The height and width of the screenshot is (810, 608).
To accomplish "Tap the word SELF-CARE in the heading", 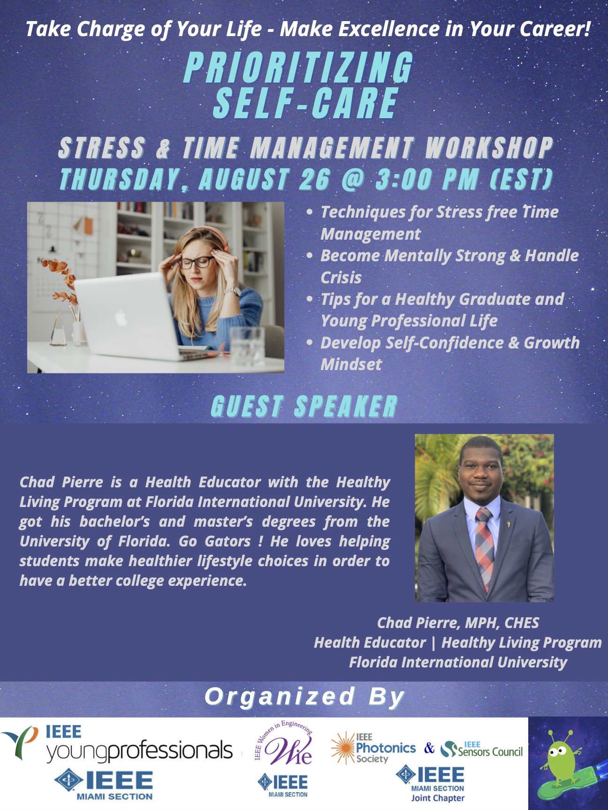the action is point(305,103).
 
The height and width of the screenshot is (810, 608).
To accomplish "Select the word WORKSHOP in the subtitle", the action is point(489,148).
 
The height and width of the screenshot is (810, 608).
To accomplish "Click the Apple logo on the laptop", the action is point(121,318).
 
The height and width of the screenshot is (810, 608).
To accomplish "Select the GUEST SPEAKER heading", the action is point(304,406).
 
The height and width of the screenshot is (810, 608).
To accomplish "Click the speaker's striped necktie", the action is point(485,547).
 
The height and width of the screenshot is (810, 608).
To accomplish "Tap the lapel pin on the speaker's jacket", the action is point(508,522).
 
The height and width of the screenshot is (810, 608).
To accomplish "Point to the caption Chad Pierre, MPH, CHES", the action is point(458,623).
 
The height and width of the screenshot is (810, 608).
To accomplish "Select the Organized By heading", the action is point(304,696).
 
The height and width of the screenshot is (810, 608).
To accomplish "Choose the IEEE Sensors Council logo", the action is point(482,749).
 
